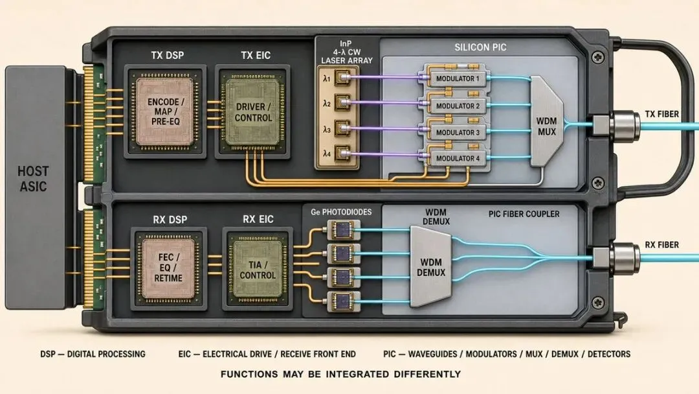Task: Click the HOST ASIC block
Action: tap(36, 187)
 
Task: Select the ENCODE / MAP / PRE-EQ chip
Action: tap(166, 111)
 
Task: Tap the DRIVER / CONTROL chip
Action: tap(253, 112)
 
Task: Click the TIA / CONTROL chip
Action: tap(258, 269)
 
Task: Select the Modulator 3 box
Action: tap(458, 132)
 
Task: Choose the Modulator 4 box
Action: tap(458, 158)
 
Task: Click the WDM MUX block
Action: tap(546, 121)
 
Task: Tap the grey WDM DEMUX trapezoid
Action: tap(430, 267)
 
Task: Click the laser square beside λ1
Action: tap(342, 78)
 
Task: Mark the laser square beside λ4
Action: tap(342, 154)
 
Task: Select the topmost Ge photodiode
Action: tap(343, 230)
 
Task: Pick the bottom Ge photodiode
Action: tap(343, 301)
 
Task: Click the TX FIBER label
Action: tap(662, 114)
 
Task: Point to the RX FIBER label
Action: tap(662, 245)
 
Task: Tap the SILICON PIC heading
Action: tap(480, 47)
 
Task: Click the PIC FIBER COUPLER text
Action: tap(524, 214)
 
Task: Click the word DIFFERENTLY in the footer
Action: tap(427, 374)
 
